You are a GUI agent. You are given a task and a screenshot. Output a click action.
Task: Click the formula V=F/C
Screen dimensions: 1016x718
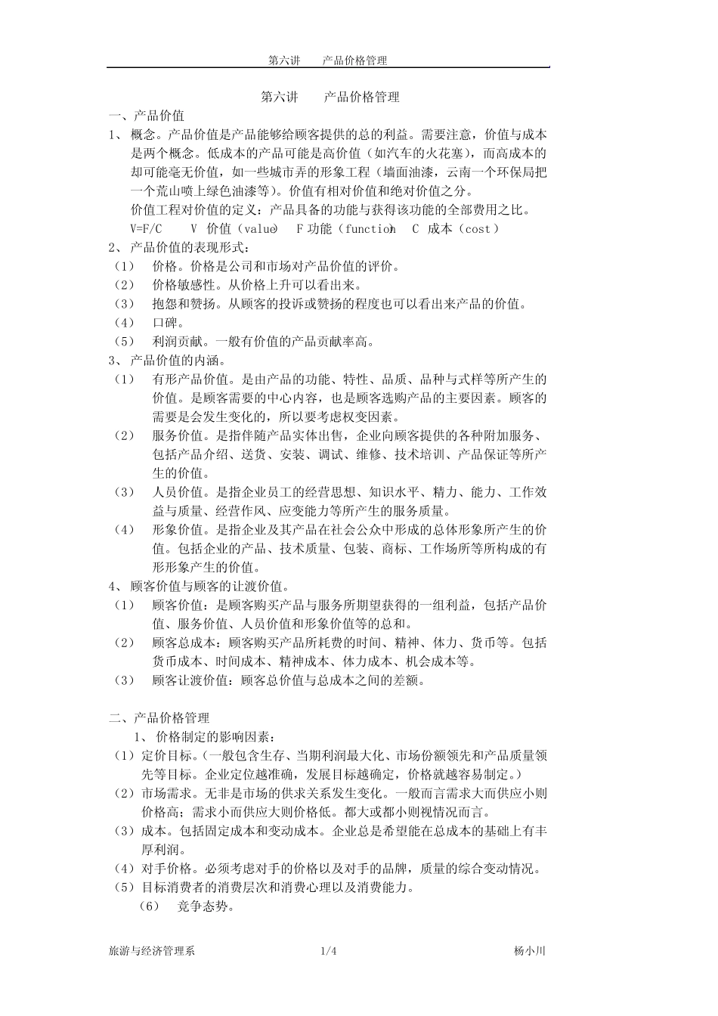tap(146, 228)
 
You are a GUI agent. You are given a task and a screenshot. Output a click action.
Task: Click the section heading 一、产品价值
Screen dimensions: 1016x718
tap(147, 116)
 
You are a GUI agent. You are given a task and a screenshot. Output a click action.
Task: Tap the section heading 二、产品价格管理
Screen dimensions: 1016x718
tap(159, 717)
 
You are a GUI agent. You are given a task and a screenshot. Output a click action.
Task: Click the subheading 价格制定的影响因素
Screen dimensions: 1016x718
tap(215, 736)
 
